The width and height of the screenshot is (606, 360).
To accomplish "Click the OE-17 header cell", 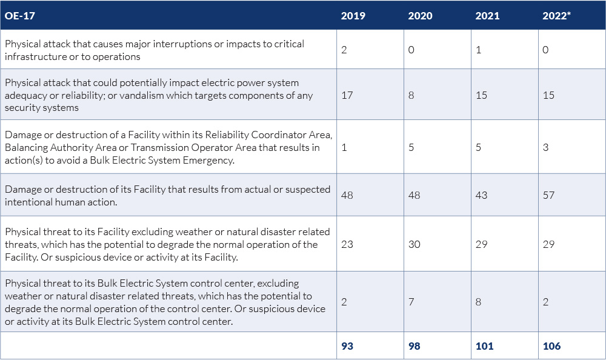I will coord(20,16).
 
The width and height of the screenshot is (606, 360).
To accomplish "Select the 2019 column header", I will coord(353,16).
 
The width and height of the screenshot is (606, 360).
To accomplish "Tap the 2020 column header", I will coord(420,16).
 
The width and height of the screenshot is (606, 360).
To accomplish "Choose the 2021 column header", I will coord(487,16).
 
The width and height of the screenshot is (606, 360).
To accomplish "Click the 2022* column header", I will coord(557,16).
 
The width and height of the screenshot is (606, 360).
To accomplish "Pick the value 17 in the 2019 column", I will coord(347,95).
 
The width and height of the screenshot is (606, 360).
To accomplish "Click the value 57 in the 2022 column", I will coord(548,195).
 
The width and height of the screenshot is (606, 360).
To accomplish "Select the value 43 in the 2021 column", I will coord(481,195).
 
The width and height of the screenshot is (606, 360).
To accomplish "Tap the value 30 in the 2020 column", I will coord(415,244).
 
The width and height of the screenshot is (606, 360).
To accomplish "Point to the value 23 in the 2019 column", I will coord(347,244).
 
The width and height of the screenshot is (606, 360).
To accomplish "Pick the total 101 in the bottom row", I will coord(484,346).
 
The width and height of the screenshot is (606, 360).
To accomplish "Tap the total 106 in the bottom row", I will coord(551,346).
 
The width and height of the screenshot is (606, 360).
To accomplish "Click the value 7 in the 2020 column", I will coord(411,302).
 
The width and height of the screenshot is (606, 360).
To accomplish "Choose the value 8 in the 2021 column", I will coord(479,302).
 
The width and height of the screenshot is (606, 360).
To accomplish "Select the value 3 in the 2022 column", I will coord(545,147).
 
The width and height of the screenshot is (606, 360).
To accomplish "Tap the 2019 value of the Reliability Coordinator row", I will coord(344,147).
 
